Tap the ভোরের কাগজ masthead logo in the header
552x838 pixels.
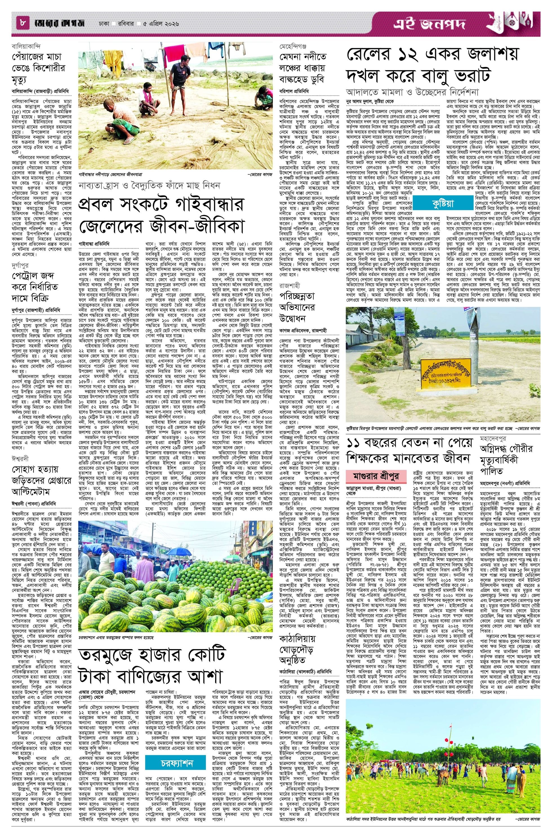[56, 24]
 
